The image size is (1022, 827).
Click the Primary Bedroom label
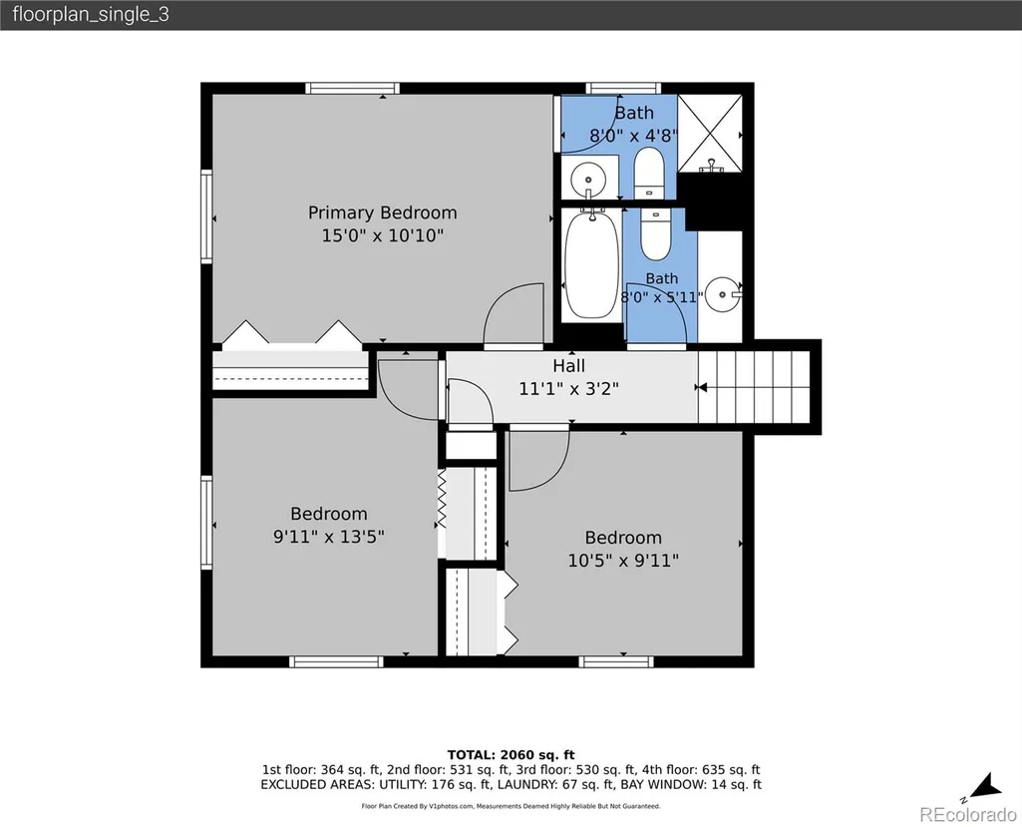(x=383, y=212)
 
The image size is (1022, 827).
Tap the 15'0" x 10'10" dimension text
(x=383, y=234)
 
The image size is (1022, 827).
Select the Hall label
(x=569, y=366)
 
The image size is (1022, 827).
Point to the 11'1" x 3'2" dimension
(x=569, y=389)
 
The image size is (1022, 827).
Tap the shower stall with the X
(x=710, y=134)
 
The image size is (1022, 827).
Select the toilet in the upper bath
(x=648, y=173)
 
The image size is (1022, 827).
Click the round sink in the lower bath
(x=723, y=295)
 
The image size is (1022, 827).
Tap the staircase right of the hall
(x=754, y=387)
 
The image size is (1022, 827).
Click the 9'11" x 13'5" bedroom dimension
(x=328, y=537)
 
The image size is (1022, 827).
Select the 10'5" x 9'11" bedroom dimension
(x=623, y=561)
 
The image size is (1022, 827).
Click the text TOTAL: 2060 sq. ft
(x=511, y=755)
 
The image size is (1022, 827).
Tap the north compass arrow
(x=985, y=786)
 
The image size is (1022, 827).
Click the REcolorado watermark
(x=968, y=814)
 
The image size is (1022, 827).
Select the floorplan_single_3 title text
(x=91, y=14)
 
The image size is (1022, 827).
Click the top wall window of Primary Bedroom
(x=353, y=88)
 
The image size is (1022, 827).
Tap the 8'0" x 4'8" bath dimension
(x=633, y=136)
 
